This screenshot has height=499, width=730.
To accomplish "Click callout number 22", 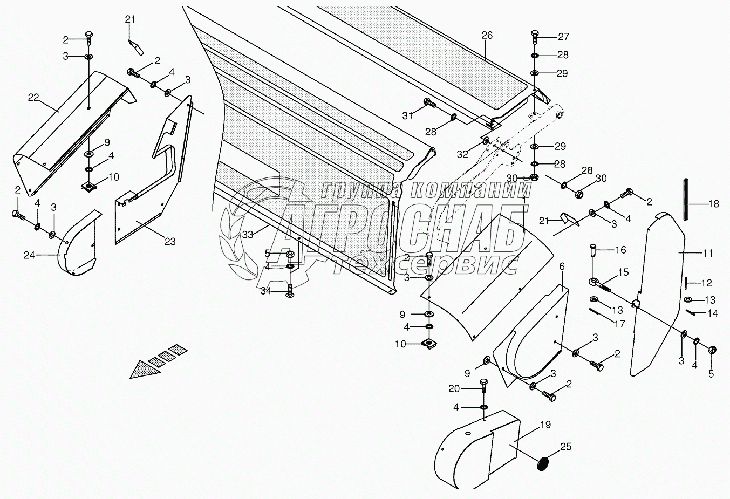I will (x=33, y=97).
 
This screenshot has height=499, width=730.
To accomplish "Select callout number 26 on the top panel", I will (x=487, y=36).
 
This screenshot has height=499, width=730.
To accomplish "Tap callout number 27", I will (x=563, y=37).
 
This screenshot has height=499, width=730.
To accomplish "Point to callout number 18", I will (x=713, y=204).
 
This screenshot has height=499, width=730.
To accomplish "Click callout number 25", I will (x=565, y=447).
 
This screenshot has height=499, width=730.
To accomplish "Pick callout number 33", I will (x=247, y=235).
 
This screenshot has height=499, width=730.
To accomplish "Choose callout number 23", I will (x=170, y=241).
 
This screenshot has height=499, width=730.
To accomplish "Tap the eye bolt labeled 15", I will (x=598, y=283).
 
